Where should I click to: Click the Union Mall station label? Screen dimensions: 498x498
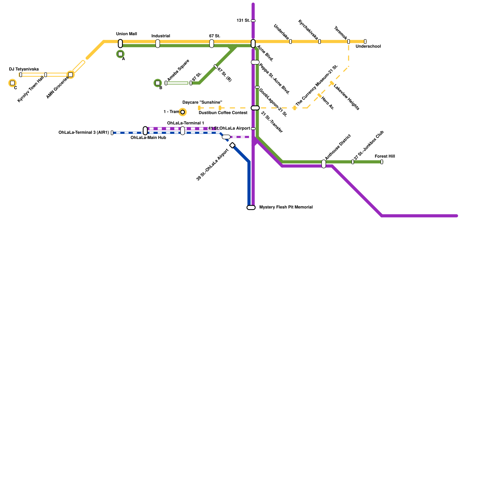[x=126, y=34]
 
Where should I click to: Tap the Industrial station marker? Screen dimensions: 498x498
[x=158, y=44]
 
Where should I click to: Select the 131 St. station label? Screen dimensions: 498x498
[x=243, y=21]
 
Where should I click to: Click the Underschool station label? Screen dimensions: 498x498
[x=368, y=47]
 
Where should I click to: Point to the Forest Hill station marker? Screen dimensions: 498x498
[x=382, y=162]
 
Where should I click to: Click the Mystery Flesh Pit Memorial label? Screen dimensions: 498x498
[x=286, y=207]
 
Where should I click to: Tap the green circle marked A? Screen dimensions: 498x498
[x=120, y=54]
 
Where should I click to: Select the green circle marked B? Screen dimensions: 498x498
[x=158, y=83]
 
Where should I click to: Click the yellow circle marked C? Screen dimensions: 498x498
[x=12, y=83]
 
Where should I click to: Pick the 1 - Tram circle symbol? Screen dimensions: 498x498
[x=183, y=112]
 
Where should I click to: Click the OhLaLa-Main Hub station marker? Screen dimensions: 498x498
[x=145, y=131]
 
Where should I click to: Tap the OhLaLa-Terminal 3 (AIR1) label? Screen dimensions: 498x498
[x=84, y=133]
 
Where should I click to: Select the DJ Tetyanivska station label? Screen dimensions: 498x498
[x=24, y=69]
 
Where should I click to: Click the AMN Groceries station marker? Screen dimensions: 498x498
[x=71, y=75]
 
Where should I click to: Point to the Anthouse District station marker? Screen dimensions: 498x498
[x=324, y=164]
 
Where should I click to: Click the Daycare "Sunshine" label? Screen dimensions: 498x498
[x=202, y=102]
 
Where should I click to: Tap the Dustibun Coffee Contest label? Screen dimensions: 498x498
[x=223, y=113]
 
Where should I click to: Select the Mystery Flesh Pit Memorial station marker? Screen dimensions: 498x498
[x=251, y=208]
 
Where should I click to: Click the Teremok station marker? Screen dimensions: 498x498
[x=348, y=42]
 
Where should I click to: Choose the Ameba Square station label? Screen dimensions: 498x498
[x=178, y=70]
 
